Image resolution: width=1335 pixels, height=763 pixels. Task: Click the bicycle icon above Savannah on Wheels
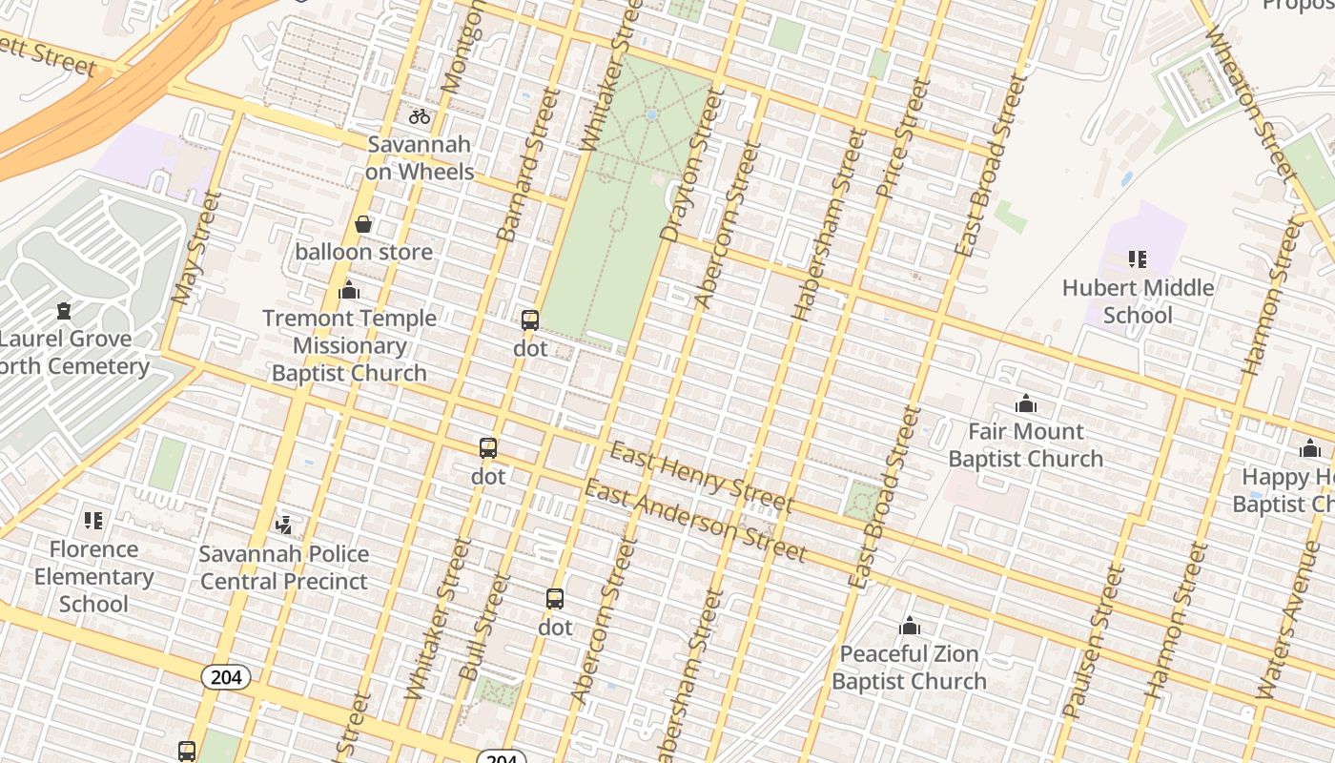420,117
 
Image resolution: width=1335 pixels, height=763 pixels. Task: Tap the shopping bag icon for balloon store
363,225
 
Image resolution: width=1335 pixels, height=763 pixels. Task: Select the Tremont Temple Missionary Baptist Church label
349,345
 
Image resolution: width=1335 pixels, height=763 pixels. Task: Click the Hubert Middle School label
1138,300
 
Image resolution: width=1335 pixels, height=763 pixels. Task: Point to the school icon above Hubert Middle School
1137,258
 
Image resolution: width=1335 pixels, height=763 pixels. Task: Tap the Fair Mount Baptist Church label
1025,444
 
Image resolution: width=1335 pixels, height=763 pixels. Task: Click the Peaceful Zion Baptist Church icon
910,627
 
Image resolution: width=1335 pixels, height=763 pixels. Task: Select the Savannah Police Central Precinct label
284,567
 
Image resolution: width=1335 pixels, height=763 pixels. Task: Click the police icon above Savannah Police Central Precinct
283,524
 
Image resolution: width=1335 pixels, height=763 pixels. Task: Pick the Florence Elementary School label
93,576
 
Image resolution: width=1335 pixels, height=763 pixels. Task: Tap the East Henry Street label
701,476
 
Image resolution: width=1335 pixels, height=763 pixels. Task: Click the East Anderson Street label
695,521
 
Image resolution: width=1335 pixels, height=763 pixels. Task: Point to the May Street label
196,247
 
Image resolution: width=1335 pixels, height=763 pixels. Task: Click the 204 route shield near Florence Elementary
226,677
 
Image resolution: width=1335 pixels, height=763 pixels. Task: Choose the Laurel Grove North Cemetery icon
64,310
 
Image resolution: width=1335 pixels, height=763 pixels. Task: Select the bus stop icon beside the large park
530,320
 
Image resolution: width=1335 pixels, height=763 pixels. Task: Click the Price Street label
902,138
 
